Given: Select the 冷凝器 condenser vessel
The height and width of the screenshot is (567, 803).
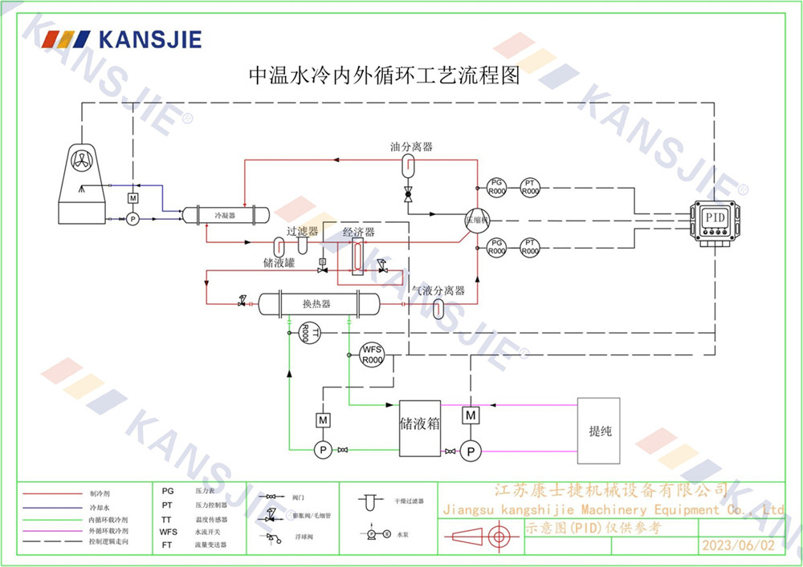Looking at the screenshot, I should pyautogui.click(x=224, y=216).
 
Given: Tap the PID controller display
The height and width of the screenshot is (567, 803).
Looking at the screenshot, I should pyautogui.click(x=715, y=217).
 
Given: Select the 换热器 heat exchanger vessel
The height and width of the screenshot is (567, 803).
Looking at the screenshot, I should pyautogui.click(x=317, y=304).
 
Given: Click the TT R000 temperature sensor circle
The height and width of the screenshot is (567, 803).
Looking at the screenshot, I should pyautogui.click(x=311, y=332).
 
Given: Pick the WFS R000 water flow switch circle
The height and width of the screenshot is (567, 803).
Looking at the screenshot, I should pyautogui.click(x=372, y=354).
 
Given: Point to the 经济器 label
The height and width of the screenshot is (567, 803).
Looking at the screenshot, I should pyautogui.click(x=359, y=233).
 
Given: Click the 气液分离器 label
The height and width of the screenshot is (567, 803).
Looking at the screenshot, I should pyautogui.click(x=438, y=291).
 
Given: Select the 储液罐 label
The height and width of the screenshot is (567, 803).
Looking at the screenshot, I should pyautogui.click(x=279, y=263).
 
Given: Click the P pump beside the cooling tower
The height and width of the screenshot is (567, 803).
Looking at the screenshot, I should pyautogui.click(x=132, y=217).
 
